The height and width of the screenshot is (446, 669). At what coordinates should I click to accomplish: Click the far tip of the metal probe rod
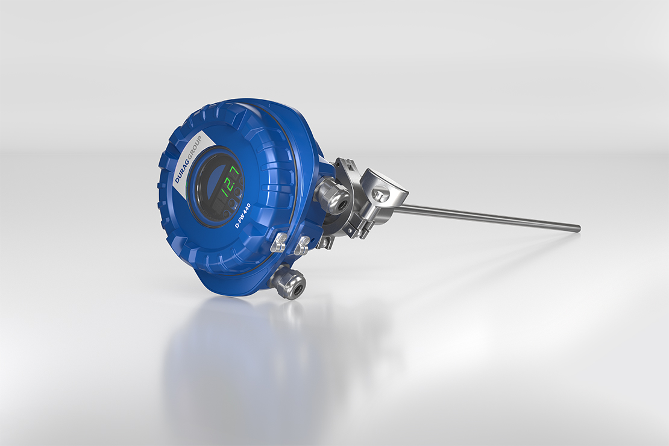(579, 227)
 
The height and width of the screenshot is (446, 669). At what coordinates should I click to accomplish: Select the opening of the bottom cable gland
(296, 291)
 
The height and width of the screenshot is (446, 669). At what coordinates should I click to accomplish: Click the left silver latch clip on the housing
(279, 243)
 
